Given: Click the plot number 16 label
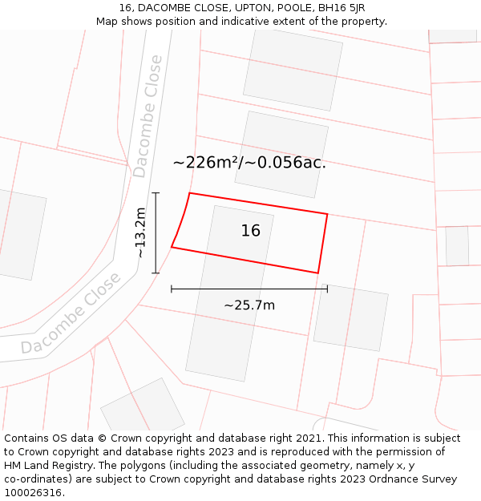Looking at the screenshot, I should [251, 231].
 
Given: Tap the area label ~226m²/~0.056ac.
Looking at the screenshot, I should [249, 163].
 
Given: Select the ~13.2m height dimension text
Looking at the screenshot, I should [140, 232].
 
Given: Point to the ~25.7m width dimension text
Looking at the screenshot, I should [249, 305].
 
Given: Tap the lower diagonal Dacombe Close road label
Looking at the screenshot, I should [71, 313].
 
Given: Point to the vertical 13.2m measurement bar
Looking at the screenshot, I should [156, 232].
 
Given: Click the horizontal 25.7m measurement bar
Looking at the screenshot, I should [249, 289].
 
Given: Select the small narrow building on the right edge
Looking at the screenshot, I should [457, 246].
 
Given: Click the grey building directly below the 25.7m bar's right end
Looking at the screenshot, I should [351, 317].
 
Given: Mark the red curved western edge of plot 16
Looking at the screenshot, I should [181, 221].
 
